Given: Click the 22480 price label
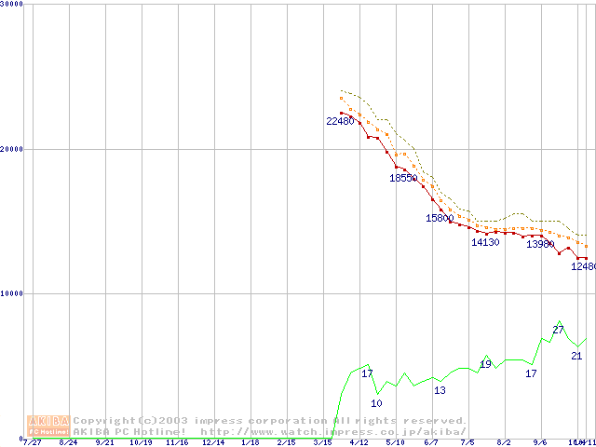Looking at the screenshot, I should point(340,121).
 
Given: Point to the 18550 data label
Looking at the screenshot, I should point(403,178).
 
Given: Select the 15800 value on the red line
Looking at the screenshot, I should point(440,218).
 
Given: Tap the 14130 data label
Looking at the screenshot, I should point(485,242).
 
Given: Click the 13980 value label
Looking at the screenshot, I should point(540,244).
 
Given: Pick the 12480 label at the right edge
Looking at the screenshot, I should point(583,266).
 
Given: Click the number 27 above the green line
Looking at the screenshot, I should point(559,330).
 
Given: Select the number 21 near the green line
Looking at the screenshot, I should point(576,356).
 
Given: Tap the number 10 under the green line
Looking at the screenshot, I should point(376,403).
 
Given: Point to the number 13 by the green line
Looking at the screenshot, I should point(440,390).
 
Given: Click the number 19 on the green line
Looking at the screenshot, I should point(485,364).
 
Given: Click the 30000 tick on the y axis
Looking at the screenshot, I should point(12,4).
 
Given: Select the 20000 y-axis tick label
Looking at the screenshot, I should point(12,149).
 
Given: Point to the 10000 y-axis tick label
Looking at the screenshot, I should point(12,293).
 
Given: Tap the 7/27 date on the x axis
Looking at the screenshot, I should point(32,443).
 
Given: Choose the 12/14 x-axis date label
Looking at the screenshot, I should point(213,443).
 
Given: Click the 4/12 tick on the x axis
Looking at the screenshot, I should point(359,443).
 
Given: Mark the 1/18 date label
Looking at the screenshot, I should point(250,443).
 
